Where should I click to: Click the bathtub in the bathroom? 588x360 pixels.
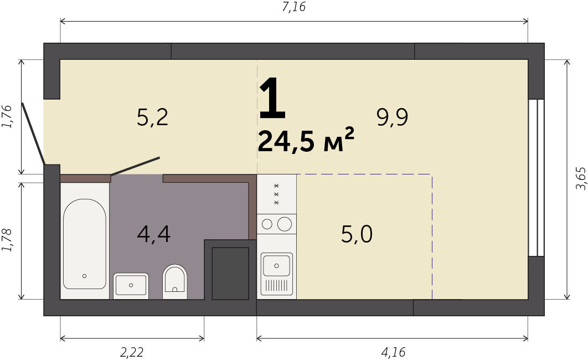(85, 244)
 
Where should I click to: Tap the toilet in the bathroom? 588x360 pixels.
(175, 281)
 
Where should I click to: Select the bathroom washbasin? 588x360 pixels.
(131, 286)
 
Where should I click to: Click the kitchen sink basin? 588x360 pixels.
(277, 265)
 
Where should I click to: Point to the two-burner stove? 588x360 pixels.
(277, 224)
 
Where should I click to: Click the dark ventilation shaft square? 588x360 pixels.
(231, 273)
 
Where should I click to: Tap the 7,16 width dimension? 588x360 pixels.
(294, 7)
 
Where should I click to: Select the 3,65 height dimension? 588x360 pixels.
(580, 178)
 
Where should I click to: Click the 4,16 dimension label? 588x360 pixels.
(393, 352)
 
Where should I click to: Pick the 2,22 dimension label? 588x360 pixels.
(132, 352)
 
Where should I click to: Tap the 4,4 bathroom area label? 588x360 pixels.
(154, 234)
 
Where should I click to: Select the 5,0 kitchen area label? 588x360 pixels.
(357, 234)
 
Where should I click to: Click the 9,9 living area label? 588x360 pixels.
(393, 117)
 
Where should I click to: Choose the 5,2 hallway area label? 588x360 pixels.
(153, 117)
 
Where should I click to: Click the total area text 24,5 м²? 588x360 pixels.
(306, 141)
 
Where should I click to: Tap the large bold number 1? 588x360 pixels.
(272, 97)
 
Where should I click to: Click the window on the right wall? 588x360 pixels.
(536, 178)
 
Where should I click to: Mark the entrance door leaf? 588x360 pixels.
(33, 133)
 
